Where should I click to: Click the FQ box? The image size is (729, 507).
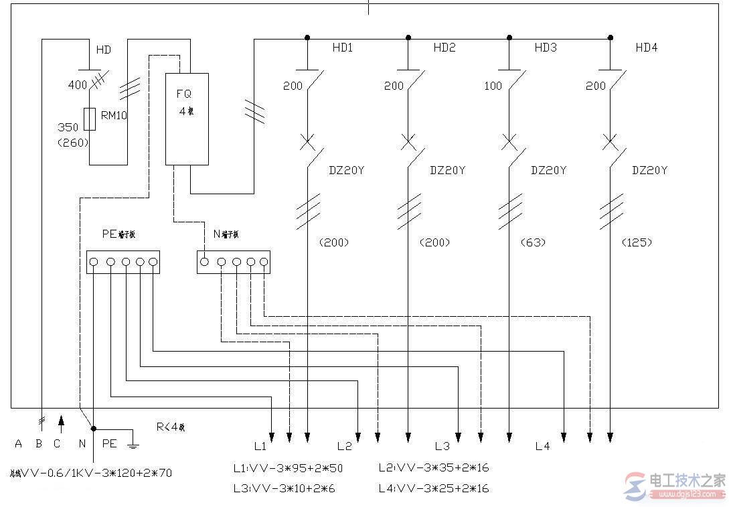point(187,119)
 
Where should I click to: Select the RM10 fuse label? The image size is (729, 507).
point(113,115)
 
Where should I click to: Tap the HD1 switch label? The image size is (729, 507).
point(342,48)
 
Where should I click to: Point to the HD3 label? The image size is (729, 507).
point(545,48)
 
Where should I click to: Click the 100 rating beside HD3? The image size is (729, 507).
point(493,86)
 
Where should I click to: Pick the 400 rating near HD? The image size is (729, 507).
point(78,85)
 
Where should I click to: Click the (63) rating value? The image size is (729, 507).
point(533,242)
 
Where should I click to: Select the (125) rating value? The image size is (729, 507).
point(636,242)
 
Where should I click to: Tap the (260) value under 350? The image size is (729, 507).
point(73,142)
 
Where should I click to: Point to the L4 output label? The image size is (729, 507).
point(542,446)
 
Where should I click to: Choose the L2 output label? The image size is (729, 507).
point(344,446)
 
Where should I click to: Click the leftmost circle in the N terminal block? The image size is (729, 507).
point(205,262)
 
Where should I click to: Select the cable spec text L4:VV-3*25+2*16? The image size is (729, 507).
point(433,488)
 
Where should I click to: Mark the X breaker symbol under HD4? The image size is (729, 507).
point(610,142)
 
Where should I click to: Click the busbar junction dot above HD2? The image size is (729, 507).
point(408,38)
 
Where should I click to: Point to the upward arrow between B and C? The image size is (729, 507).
point(61,421)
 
